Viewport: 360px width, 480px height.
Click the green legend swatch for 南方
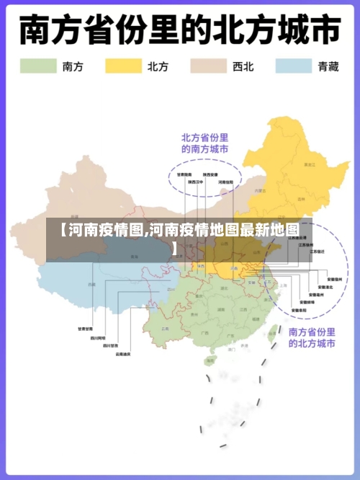tap(37, 66)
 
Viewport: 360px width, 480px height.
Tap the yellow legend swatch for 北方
tap(123, 66)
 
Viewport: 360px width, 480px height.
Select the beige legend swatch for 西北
tap(208, 66)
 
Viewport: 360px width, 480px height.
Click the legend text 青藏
tap(328, 66)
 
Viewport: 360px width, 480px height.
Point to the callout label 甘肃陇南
tap(184, 174)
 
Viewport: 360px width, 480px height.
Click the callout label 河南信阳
tap(225, 182)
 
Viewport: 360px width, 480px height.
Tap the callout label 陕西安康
tap(211, 174)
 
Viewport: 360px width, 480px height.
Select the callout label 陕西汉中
tap(196, 182)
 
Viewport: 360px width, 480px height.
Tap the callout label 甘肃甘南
tap(85, 329)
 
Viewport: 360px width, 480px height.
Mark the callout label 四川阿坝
tap(97, 337)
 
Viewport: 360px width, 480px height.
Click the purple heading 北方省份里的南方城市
tap(204, 143)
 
